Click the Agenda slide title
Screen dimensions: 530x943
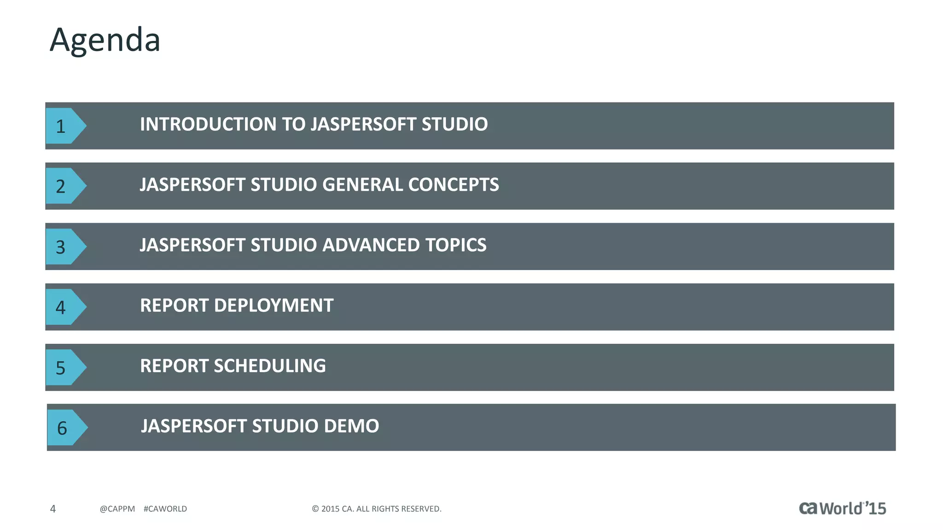105,40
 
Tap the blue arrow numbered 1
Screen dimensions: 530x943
64,126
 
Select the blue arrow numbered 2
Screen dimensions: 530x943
64,186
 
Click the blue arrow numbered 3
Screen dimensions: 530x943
64,247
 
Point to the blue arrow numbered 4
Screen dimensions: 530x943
64,307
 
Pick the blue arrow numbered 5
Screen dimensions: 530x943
64,367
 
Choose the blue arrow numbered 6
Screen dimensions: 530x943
65,428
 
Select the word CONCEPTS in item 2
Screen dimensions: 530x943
453,185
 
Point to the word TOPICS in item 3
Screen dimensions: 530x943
455,245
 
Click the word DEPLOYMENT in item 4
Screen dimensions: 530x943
274,305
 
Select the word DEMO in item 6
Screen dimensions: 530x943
351,426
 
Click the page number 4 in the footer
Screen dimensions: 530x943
53,509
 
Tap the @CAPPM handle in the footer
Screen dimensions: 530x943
117,509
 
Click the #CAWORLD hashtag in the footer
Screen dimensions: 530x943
165,509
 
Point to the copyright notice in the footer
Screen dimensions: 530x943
377,509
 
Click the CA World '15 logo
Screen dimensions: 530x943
842,508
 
